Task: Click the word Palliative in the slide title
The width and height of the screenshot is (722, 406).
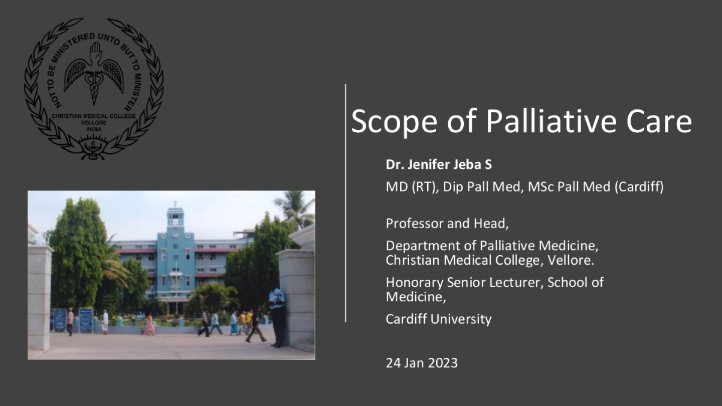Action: point(551,121)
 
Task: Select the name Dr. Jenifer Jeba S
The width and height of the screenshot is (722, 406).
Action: point(439,164)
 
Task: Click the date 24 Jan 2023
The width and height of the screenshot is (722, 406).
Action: point(422,363)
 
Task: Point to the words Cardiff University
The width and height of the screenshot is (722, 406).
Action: point(438,319)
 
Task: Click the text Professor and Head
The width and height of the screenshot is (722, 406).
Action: point(447,224)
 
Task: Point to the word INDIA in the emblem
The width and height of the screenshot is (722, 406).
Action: point(94,129)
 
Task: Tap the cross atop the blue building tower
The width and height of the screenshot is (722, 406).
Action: point(175,204)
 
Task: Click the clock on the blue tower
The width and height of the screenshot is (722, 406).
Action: point(175,234)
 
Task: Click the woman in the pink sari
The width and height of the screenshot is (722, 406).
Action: point(150,324)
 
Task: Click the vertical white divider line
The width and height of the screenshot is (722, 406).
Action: point(345,203)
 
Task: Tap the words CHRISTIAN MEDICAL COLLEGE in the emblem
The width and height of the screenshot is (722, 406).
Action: point(94,116)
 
